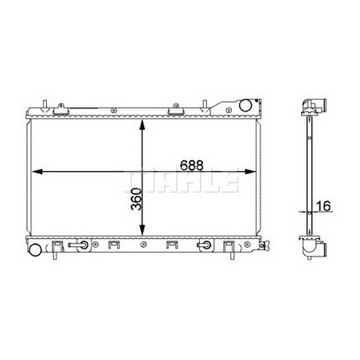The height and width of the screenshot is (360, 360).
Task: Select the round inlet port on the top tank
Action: click(x=248, y=106)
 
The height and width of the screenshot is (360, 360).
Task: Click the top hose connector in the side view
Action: click(x=315, y=107)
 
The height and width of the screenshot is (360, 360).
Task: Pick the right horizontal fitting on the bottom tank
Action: click(x=205, y=246)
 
